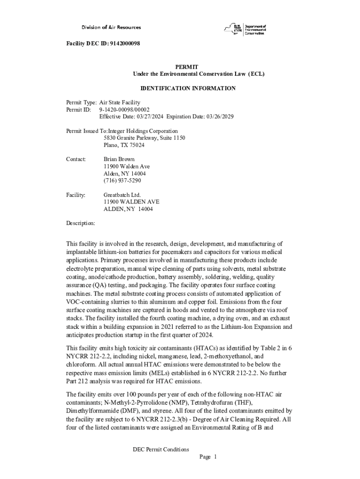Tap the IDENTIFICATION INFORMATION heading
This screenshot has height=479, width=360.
pos(188,88)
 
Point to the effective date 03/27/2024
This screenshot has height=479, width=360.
pos(148,116)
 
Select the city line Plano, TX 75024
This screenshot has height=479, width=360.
pos(123,145)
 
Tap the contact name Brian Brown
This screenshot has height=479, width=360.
pos(119,160)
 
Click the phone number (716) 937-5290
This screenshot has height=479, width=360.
pos(122,181)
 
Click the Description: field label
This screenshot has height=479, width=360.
pos(80,223)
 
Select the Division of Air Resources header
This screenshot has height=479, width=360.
pos(111,28)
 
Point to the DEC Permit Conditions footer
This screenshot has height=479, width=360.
pos(161,450)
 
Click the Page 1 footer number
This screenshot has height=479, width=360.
pos(208,457)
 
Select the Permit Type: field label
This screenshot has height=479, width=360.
pos(81,102)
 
